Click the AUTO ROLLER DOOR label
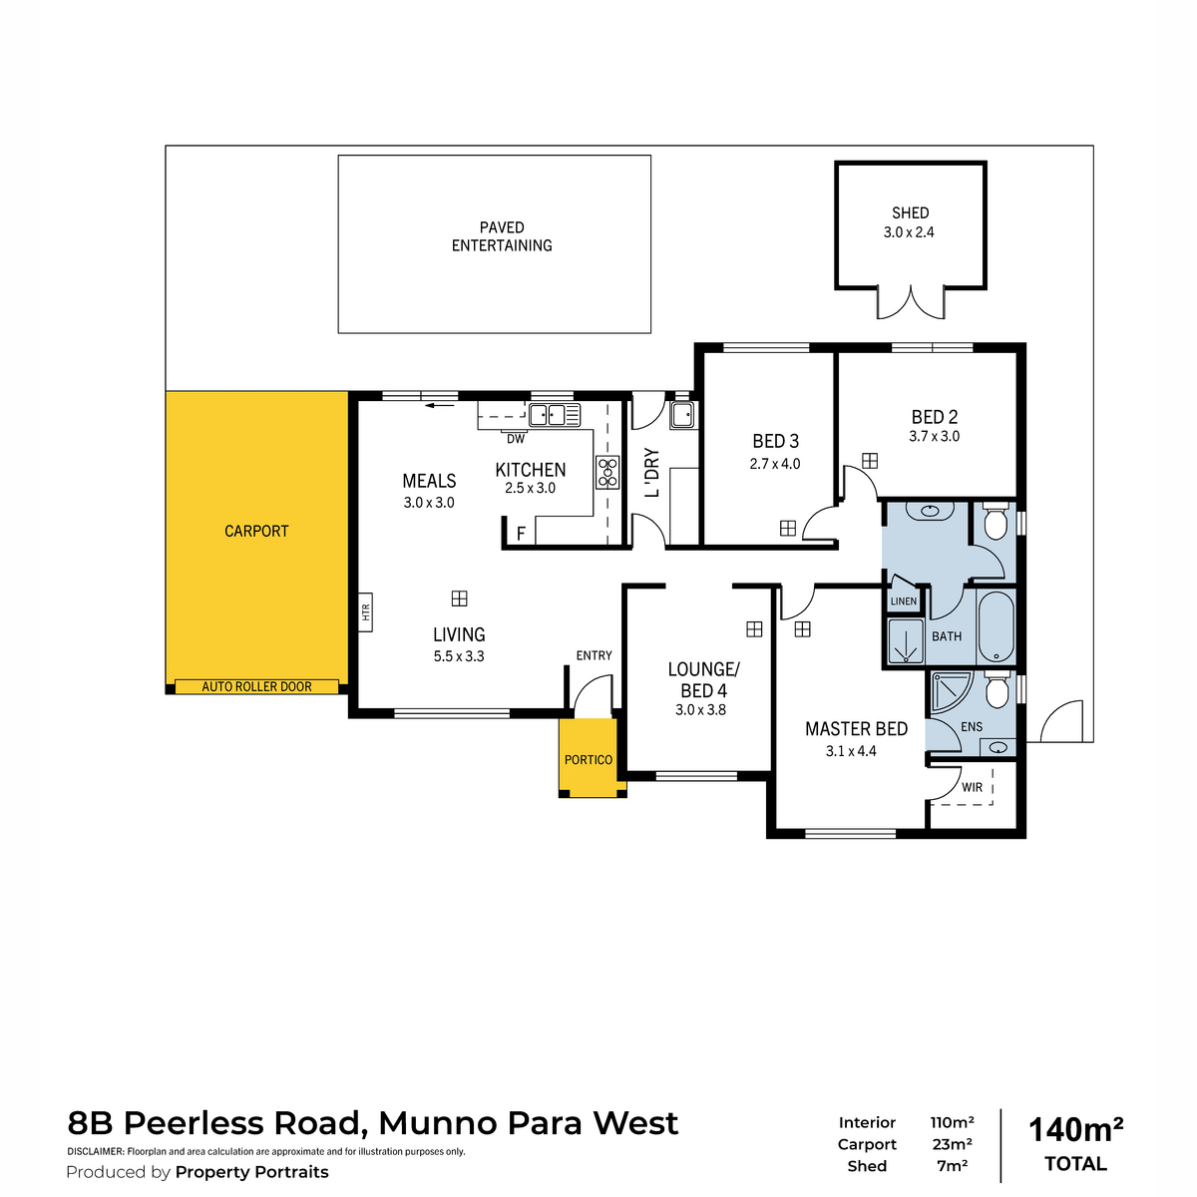[x=256, y=686]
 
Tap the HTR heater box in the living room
[x=365, y=611]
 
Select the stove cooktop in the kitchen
[x=607, y=473]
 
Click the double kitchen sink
[x=554, y=414]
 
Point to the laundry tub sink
[x=682, y=414]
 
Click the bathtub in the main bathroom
[x=996, y=626]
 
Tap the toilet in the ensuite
[x=997, y=689]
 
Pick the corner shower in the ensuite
[x=951, y=691]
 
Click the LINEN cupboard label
[x=903, y=601]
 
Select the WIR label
[x=972, y=787]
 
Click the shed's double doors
[x=911, y=303]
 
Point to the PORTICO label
[x=589, y=760]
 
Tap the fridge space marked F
[x=521, y=533]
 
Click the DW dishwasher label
[x=516, y=439]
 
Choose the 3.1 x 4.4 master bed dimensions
[x=851, y=751]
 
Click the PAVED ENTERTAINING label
[x=502, y=236]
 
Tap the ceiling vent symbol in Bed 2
[x=870, y=460]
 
